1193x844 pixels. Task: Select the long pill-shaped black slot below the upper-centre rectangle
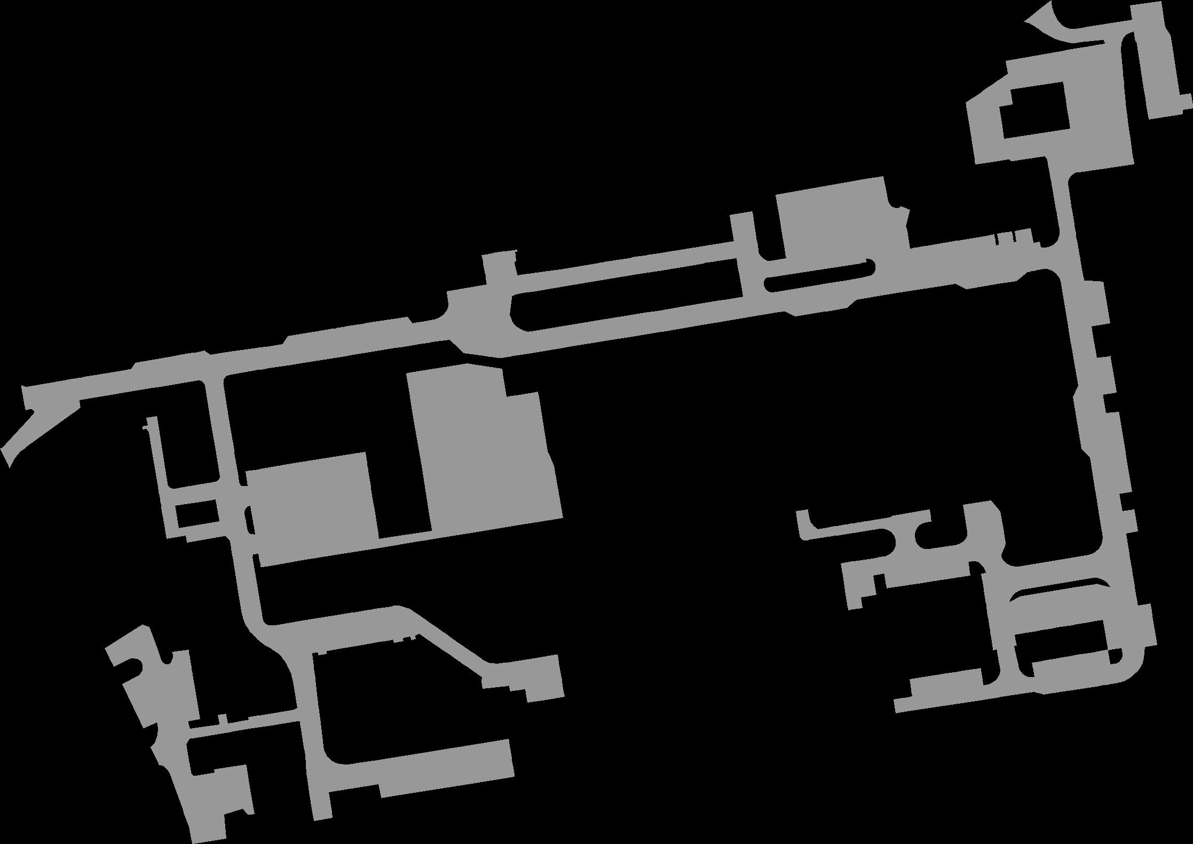[x=819, y=276]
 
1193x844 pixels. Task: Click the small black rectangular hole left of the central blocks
[x=196, y=512]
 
